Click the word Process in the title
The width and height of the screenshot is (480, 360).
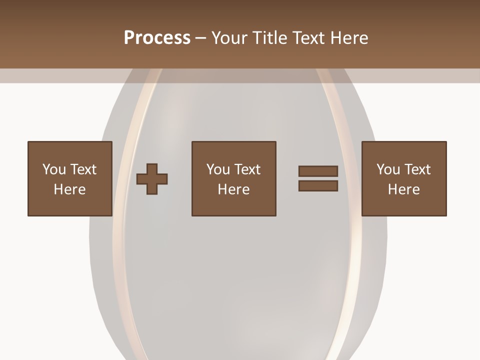(157, 38)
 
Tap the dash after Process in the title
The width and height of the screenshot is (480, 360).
(201, 38)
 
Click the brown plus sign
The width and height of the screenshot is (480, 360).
(152, 179)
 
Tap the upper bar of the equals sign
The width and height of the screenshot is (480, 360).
(318, 171)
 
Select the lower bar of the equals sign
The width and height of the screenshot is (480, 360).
(318, 186)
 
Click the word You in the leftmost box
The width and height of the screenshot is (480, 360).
(54, 169)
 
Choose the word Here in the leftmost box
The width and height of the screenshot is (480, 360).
(69, 189)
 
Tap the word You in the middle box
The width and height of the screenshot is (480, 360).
(218, 169)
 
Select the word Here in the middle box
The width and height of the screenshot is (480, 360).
(233, 189)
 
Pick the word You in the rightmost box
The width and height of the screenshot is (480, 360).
(388, 169)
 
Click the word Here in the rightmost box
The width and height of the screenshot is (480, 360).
(403, 189)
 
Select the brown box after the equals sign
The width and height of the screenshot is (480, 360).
(404, 205)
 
